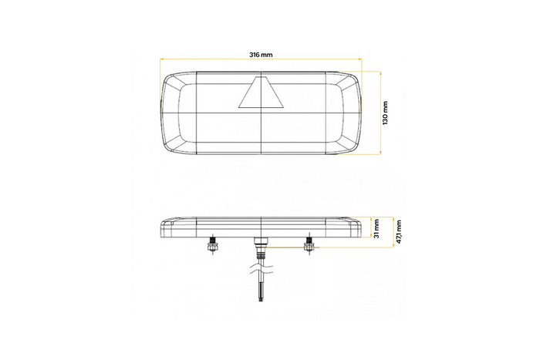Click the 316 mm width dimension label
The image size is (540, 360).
point(261,54)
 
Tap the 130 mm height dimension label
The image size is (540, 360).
point(386,113)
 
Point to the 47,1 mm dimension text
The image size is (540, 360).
point(398,230)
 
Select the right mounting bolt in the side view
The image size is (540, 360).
point(308,246)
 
